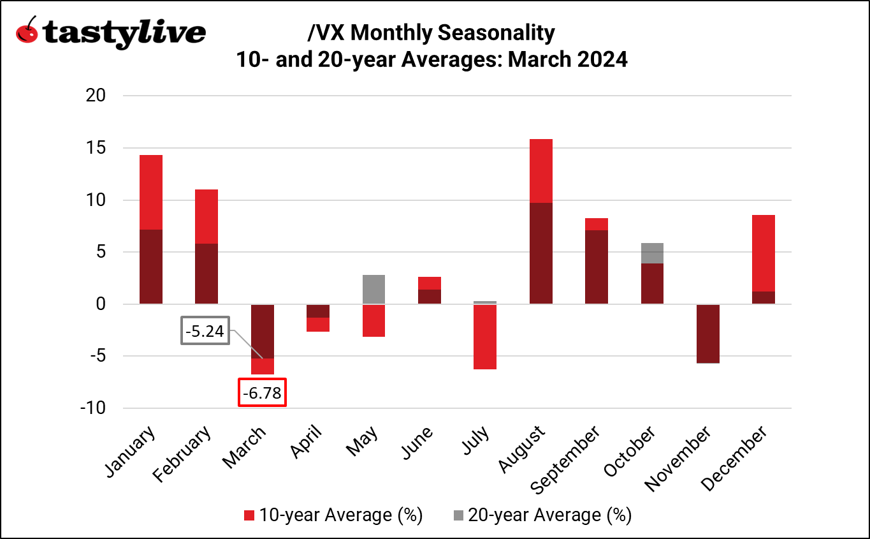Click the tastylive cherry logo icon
(x=26, y=31)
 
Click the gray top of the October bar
(x=651, y=253)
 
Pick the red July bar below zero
(x=485, y=337)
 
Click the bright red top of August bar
(x=540, y=170)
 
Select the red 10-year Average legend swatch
(x=249, y=515)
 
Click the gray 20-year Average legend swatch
(x=458, y=515)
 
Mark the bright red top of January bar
(x=151, y=192)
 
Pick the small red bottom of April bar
(x=318, y=325)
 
